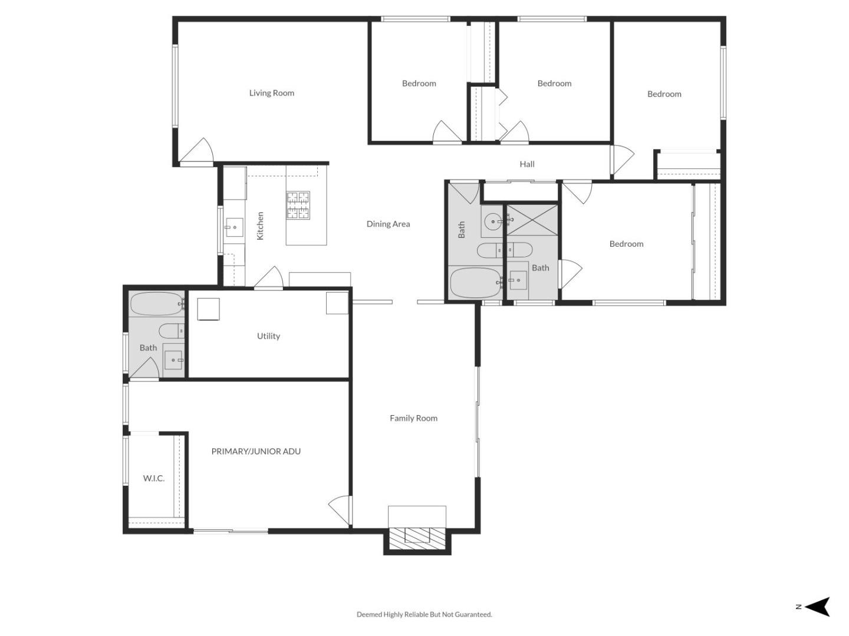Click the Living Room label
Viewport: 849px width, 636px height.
272,92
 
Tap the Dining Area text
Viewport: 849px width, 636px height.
388,224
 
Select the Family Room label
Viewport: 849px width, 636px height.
413,418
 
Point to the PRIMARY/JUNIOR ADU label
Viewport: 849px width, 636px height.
256,451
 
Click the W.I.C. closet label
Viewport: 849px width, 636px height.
153,478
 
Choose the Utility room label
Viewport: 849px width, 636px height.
268,336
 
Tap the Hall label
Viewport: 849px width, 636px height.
527,164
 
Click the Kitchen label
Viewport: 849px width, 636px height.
261,226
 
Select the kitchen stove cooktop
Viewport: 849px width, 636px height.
298,205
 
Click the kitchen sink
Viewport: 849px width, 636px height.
235,227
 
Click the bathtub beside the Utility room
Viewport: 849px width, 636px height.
157,304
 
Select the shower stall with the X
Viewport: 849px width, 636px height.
532,220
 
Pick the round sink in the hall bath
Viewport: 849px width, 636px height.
493,221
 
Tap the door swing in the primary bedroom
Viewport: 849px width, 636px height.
340,510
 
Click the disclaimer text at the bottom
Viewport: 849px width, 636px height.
424,614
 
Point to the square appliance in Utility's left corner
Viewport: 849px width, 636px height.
209,309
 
